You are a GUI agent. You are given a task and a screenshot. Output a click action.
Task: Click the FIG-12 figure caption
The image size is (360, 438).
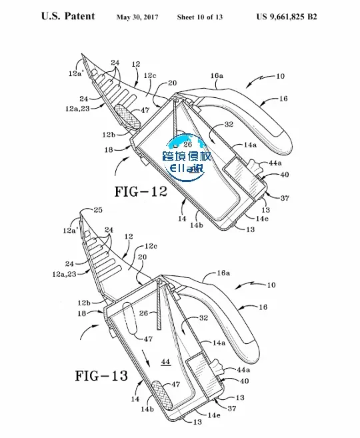tap(141, 191)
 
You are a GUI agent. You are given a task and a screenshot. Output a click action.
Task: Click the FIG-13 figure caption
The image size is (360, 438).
tap(101, 376)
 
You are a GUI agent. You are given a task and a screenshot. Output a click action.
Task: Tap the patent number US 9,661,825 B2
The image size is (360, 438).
tap(287, 17)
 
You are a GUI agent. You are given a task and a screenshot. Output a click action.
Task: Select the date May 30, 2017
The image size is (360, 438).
tap(137, 17)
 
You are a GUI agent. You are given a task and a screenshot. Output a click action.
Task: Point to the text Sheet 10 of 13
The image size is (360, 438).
tap(200, 17)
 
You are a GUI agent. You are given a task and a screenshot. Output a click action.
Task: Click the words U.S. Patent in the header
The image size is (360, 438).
tap(68, 16)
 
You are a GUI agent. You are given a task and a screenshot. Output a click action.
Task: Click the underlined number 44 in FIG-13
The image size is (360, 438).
tap(165, 362)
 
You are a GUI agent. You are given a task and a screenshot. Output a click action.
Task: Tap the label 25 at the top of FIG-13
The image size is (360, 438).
tap(98, 210)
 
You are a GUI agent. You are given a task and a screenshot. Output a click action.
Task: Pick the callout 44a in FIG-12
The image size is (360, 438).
tap(275, 163)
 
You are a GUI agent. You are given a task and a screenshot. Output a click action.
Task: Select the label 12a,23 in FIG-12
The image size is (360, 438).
tap(77, 109)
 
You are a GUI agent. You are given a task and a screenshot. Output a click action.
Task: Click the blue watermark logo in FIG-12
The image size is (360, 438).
tap(187, 157)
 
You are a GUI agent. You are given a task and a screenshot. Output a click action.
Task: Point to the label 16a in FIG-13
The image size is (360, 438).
tap(223, 273)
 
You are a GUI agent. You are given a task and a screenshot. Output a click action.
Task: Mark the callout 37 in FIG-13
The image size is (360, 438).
tap(232, 409)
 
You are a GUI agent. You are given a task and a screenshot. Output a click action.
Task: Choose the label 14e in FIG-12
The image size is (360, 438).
tap(262, 219)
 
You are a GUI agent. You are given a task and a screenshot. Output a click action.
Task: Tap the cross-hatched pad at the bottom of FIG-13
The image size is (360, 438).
tap(162, 395)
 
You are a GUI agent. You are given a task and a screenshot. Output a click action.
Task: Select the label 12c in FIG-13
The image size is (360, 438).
tap(151, 246)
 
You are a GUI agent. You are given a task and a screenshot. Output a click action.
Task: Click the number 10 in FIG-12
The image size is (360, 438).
tap(280, 76)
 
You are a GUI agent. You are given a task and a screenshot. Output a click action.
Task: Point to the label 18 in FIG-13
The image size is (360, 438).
tap(82, 314)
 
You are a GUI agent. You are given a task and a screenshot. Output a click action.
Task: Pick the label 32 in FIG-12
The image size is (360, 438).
tap(229, 124)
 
